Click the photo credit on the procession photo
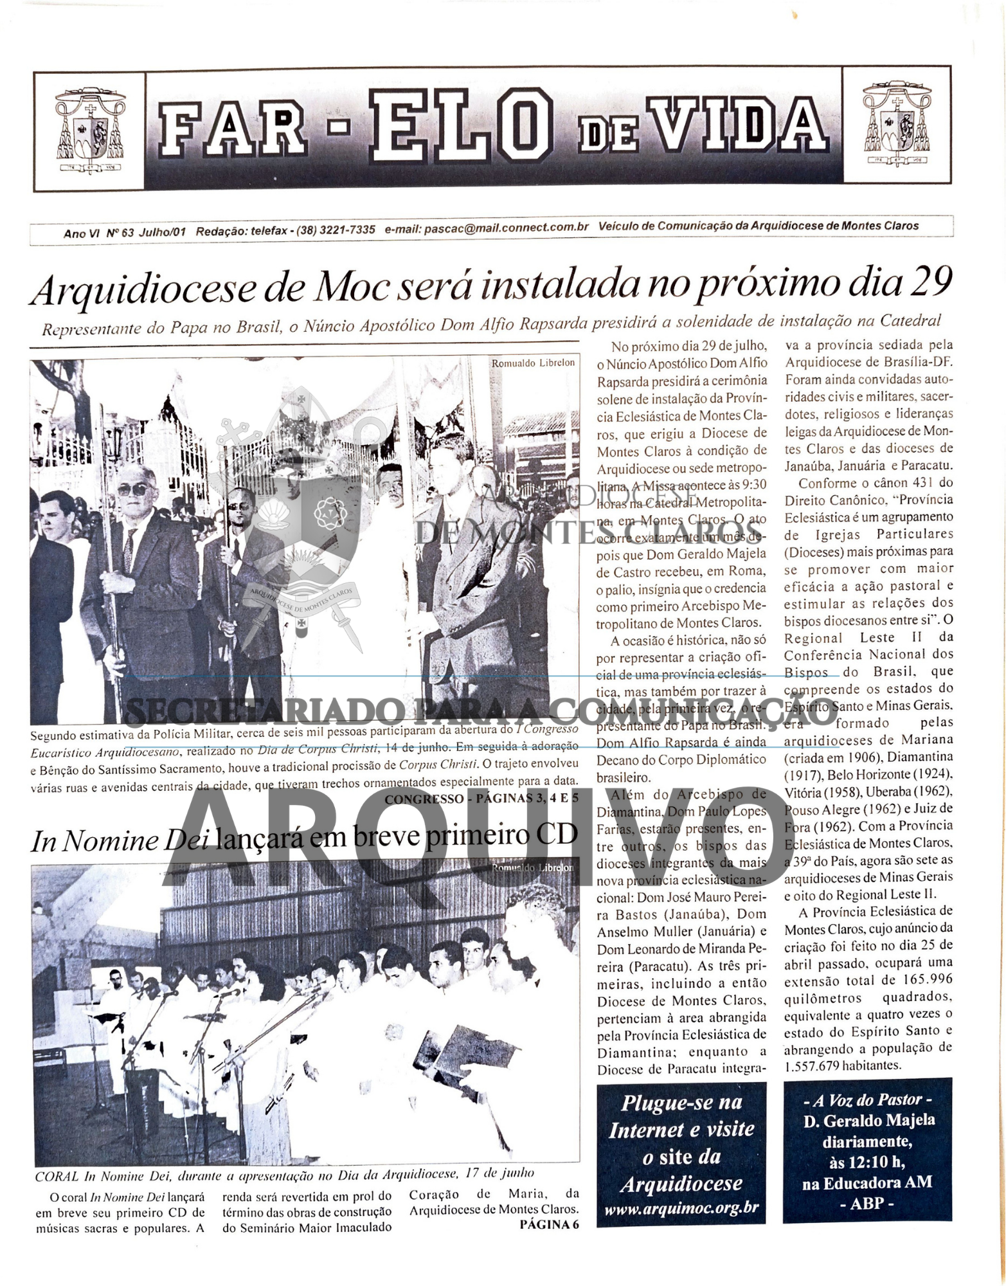pos(533,363)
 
